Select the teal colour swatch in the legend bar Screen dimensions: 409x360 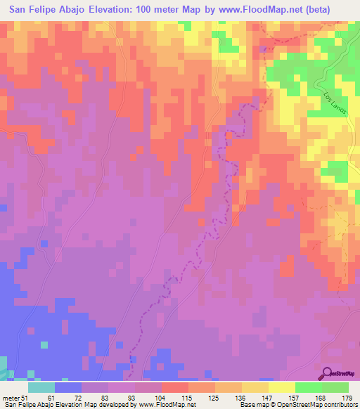click(x=41, y=387)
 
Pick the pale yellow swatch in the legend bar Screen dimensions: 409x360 click(x=282, y=387)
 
